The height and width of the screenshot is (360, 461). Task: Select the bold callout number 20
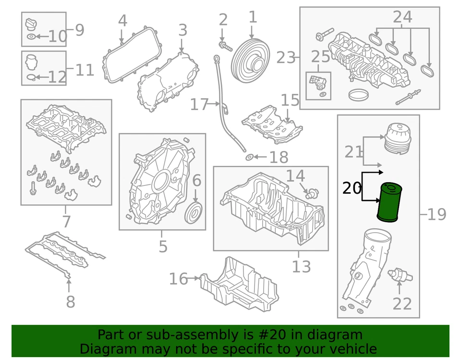352,188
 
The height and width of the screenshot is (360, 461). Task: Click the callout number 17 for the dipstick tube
201,104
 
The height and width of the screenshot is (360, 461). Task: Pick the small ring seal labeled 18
249,157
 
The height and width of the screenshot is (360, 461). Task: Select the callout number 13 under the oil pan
301,266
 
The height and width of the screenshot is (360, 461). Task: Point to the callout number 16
179,278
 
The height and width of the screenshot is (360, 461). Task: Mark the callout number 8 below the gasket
70,302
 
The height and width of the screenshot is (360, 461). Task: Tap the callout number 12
57,77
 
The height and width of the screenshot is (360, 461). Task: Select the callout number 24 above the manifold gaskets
402,17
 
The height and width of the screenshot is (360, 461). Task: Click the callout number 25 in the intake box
320,56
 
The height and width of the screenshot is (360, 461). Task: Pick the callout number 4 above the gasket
122,21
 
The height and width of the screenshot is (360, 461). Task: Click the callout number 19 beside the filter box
437,214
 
